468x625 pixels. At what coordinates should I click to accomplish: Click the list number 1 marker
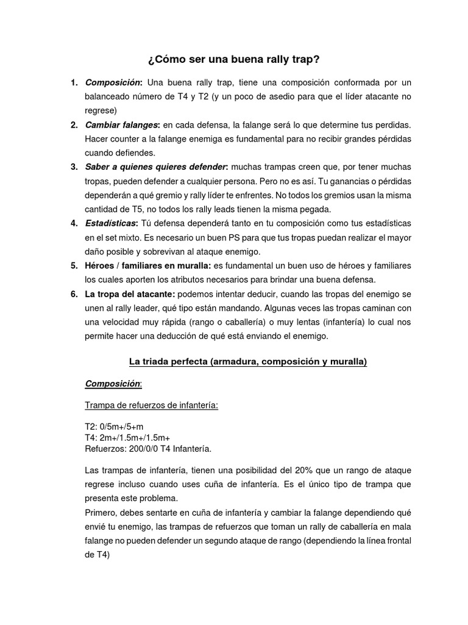(74, 82)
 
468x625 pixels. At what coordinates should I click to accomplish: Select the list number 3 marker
(74, 167)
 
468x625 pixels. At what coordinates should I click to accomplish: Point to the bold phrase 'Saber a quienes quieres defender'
(156, 167)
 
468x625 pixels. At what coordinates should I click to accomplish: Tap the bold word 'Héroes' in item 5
(100, 266)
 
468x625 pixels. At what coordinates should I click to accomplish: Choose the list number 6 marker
(74, 294)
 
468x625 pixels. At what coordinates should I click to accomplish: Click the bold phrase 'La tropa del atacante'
(130, 294)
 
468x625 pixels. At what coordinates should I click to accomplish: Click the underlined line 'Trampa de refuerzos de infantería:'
(152, 405)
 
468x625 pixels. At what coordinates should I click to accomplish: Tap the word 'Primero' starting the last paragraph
(102, 513)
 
